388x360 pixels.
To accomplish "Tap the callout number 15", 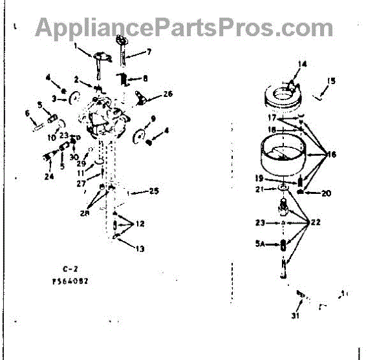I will [332, 81].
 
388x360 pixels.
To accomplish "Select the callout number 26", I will [167, 94].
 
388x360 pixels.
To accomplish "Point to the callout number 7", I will [149, 51].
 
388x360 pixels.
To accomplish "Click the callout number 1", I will [75, 45].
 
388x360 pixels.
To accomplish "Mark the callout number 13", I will [140, 248].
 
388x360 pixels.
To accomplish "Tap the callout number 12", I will [140, 224].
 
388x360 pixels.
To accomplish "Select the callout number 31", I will [296, 315].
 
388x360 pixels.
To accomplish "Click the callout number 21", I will [259, 189].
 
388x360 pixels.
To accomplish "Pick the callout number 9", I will [153, 118].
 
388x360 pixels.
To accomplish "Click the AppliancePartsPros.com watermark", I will [184, 28].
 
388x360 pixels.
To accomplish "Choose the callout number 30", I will [74, 156].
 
